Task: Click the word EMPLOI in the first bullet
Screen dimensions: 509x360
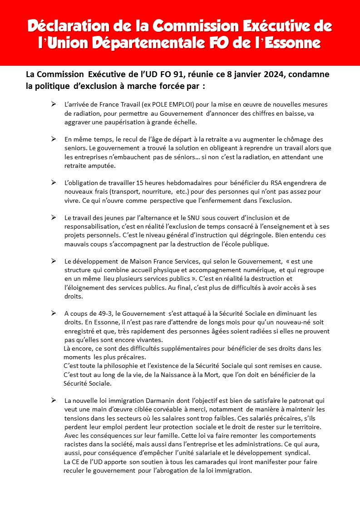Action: pos(180,104)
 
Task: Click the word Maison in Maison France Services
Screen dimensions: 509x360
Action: pos(124,261)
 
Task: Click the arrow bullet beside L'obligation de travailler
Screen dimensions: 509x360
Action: pos(54,182)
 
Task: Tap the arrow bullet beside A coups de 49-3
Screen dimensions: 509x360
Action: pos(54,313)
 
